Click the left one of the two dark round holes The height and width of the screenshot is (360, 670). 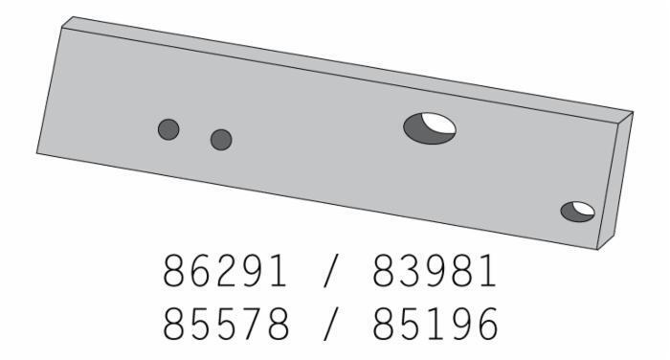168,129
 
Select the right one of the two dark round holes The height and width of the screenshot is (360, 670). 221,140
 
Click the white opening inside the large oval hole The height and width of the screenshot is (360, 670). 439,124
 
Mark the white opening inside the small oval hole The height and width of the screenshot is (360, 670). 584,209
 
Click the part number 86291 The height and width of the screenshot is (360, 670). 225,271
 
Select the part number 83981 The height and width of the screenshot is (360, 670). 435,271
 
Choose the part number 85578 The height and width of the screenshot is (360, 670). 226,324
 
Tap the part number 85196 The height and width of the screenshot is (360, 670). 435,324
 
